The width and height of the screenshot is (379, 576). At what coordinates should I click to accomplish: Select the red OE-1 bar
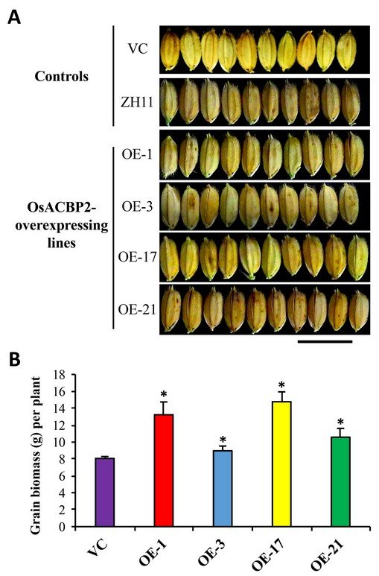coord(164,471)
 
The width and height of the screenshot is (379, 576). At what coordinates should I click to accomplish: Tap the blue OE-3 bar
coord(223,489)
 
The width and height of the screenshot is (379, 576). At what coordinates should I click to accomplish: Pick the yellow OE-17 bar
coord(281,464)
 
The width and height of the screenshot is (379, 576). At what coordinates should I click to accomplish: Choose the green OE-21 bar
coord(341,481)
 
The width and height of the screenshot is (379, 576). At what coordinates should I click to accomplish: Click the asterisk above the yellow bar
coord(281,385)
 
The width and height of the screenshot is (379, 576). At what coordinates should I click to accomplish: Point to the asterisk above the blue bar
coord(223,440)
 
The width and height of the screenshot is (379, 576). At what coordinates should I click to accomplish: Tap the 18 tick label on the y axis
coord(59,375)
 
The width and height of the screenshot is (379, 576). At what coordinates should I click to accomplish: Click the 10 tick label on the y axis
coord(59,443)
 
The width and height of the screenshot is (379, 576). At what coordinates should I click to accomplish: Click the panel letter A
coord(14,17)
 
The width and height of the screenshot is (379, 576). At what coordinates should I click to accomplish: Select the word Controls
coord(62,77)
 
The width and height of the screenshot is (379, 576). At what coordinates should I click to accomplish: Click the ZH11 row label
coord(137,103)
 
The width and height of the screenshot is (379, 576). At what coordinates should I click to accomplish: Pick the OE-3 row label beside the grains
coord(137,207)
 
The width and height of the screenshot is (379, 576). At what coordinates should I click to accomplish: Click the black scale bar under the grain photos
coord(325,341)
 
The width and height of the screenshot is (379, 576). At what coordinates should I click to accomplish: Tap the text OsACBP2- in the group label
coord(62,209)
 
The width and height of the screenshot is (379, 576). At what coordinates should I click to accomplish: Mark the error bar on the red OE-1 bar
coord(164,408)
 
